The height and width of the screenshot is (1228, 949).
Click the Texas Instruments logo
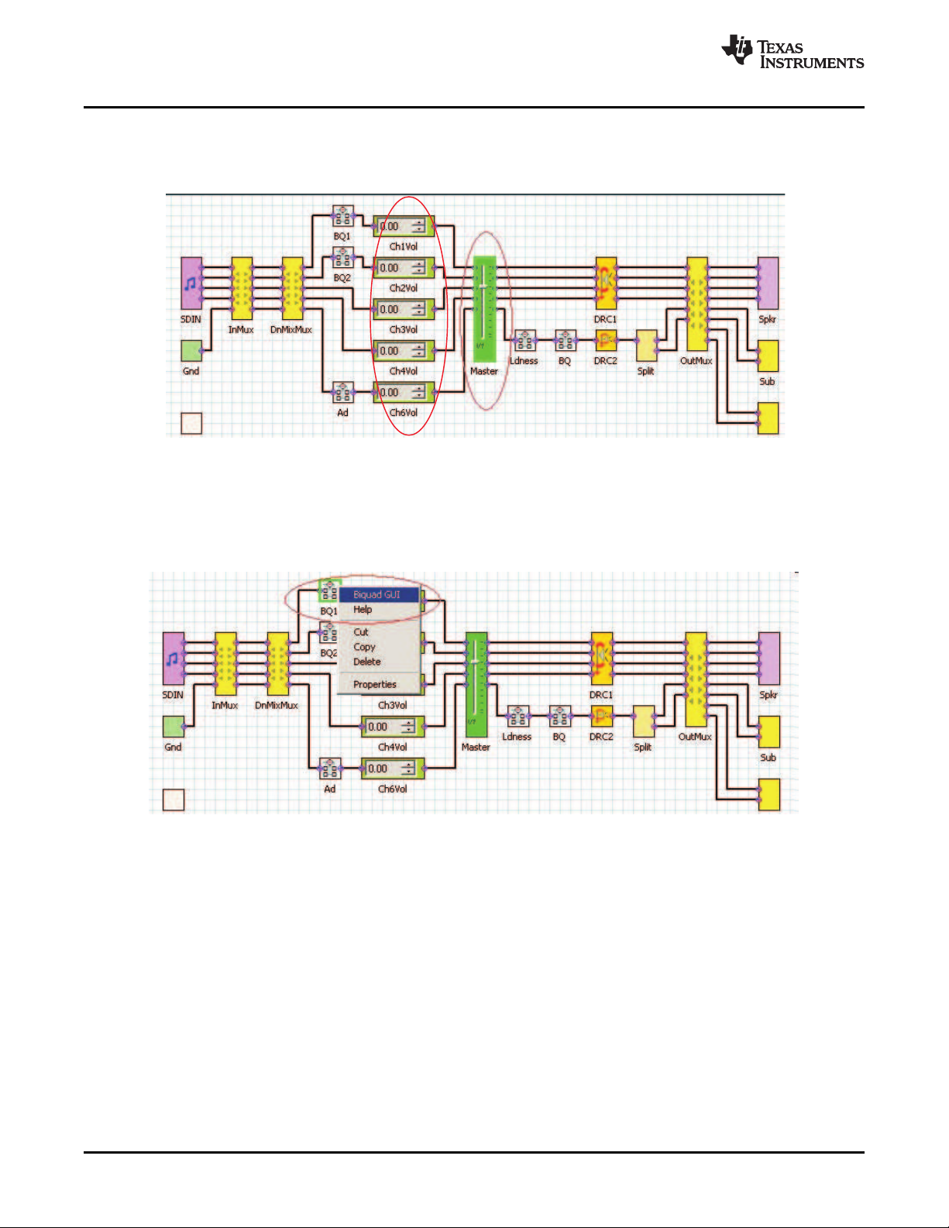[792, 53]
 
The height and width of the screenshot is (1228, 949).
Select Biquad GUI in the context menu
[377, 595]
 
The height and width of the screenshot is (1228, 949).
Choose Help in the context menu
[363, 610]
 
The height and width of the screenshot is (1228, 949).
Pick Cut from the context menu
[361, 632]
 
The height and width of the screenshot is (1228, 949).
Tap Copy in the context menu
[364, 647]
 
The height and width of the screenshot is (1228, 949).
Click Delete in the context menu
[366, 662]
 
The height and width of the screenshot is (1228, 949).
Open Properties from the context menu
[374, 684]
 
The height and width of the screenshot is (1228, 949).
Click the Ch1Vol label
[403, 246]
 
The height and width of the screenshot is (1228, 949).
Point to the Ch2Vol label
[403, 288]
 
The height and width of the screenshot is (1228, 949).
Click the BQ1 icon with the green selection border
[329, 591]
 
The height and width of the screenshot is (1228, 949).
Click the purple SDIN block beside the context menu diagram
[173, 659]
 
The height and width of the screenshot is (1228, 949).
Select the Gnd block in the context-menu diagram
[173, 726]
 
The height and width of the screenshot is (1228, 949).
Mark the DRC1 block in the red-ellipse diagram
[605, 283]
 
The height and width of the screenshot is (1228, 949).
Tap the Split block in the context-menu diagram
[643, 721]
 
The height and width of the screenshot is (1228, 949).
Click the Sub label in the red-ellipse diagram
[767, 381]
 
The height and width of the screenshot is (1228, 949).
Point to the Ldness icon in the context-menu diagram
[517, 716]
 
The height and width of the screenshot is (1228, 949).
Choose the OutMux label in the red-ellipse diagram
[696, 361]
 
